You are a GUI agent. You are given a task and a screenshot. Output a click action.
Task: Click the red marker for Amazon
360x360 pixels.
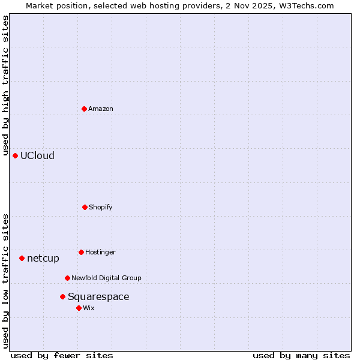[x=84, y=109]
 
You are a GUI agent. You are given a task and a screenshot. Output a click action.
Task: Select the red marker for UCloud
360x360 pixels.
[x=15, y=155]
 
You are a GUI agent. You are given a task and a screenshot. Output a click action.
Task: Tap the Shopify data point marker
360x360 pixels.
[x=85, y=207]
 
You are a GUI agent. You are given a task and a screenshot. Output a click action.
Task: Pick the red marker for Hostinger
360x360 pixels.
[x=81, y=252]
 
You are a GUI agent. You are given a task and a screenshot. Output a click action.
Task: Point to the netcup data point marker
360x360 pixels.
[x=22, y=258]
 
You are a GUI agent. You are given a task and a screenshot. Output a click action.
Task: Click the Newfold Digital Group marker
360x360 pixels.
[x=67, y=278]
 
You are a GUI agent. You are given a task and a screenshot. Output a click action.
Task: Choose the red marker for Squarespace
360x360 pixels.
[x=62, y=296]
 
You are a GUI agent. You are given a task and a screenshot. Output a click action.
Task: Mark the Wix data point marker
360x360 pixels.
[x=79, y=308]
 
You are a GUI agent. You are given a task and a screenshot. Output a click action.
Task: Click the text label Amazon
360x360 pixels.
[x=101, y=109]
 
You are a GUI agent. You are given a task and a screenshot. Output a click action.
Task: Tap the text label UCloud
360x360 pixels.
[x=37, y=155]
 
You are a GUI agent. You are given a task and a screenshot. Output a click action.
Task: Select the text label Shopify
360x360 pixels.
[x=101, y=207]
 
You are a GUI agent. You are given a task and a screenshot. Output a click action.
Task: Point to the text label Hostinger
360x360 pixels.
[x=100, y=252]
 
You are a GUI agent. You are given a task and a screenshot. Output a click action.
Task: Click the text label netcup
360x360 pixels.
[x=43, y=258]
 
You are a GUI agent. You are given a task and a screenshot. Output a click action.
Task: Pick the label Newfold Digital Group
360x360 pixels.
[x=106, y=278]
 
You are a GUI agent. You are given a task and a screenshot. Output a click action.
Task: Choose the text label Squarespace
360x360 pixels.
[x=98, y=296]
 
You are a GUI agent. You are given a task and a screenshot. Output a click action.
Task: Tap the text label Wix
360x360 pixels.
[x=89, y=308]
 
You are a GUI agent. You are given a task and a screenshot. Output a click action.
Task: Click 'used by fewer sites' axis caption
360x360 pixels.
[x=62, y=355]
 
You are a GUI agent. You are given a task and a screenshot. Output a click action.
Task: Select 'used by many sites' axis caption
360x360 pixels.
[x=301, y=355]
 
